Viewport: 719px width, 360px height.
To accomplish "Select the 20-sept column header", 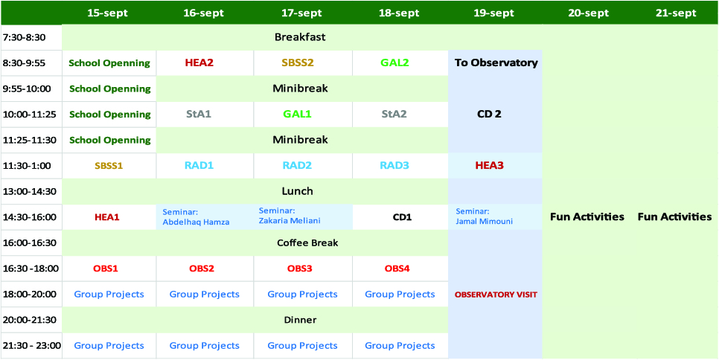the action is [x=588, y=13].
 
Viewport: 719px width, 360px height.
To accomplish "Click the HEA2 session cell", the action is [x=199, y=62].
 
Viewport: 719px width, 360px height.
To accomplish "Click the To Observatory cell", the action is [x=496, y=62].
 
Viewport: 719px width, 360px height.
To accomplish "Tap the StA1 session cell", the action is [x=199, y=114].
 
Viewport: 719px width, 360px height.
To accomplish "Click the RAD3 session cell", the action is [x=394, y=165].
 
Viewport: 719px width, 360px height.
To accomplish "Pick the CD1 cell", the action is [x=402, y=216].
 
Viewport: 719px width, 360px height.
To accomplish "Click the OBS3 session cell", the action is [x=300, y=268].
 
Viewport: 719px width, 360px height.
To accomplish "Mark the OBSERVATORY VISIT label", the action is [x=496, y=295].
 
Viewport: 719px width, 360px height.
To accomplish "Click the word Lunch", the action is [x=297, y=190].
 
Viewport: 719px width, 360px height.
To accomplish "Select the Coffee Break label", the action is [x=307, y=242].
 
